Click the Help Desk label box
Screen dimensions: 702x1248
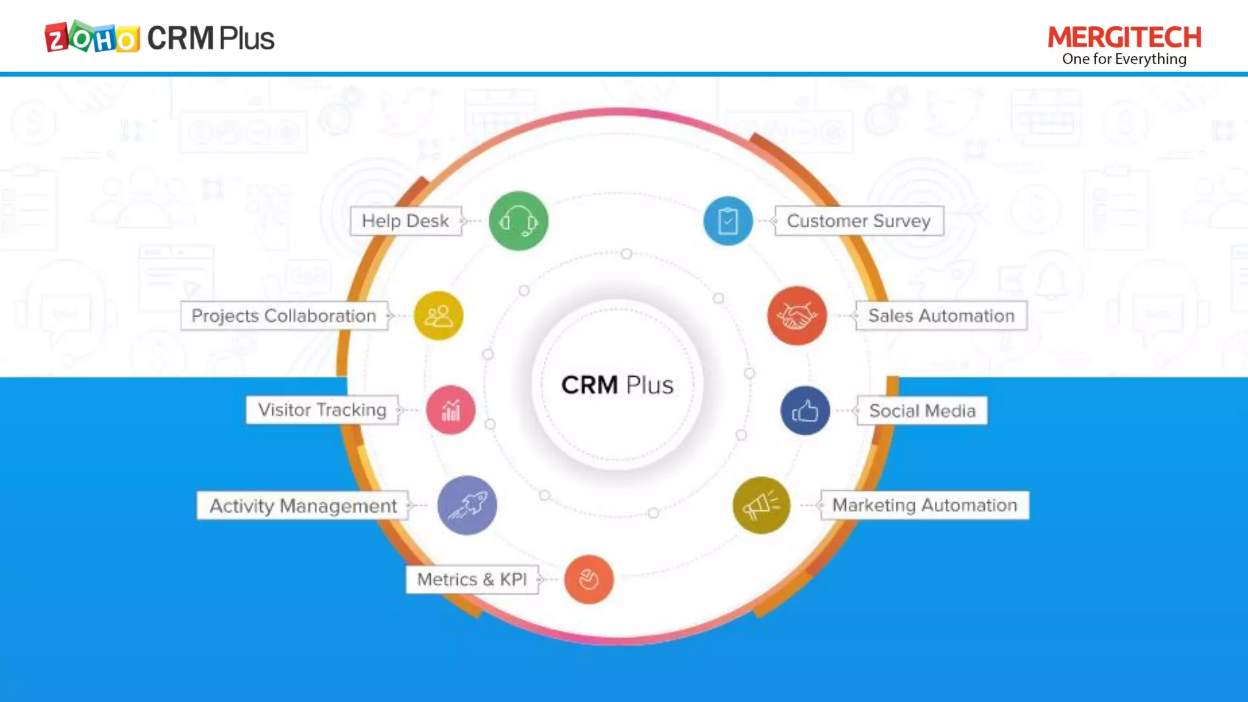(406, 221)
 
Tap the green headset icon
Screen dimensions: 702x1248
(519, 221)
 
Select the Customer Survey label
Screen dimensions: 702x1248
(859, 221)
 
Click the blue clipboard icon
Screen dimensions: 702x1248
(728, 221)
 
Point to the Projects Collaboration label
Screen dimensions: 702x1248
(284, 316)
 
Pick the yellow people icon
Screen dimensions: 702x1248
(439, 316)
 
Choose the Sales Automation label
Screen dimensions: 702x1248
(941, 316)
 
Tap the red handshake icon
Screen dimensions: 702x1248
(797, 316)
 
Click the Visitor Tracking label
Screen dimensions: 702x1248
(322, 410)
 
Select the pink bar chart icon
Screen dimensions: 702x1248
(451, 410)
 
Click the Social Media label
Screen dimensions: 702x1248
(922, 411)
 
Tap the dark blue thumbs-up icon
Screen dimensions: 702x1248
(805, 411)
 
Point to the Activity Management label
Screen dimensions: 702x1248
(303, 506)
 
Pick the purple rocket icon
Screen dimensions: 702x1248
(467, 505)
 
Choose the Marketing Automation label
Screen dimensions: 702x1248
(924, 505)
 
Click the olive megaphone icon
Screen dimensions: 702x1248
(761, 505)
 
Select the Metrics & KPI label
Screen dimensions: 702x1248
(472, 580)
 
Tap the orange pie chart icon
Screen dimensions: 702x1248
(589, 580)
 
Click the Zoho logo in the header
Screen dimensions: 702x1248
(92, 38)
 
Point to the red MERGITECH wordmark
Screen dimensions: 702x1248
(1124, 37)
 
